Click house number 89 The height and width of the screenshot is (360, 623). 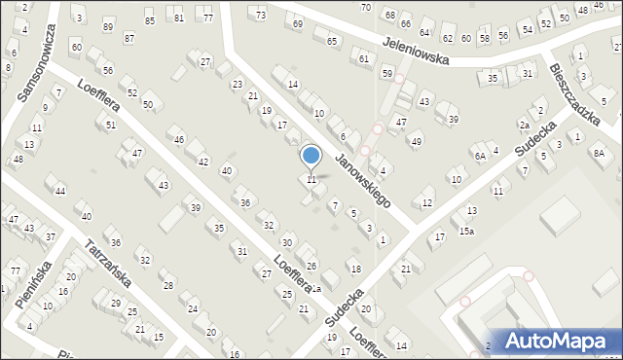coord(108,26)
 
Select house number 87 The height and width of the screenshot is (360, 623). coord(129,38)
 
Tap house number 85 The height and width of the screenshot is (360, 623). coord(149,20)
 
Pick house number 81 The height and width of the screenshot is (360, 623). coord(178,18)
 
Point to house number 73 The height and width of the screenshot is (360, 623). coord(260,16)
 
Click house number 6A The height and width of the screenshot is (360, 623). coord(480,156)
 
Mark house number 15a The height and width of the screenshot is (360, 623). coord(467,231)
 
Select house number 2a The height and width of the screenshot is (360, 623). coord(523,126)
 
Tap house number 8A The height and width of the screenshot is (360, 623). coord(600,153)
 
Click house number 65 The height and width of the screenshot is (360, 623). coord(332,42)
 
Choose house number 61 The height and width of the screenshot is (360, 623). coord(364,59)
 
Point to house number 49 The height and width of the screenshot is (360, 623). coord(417,142)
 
